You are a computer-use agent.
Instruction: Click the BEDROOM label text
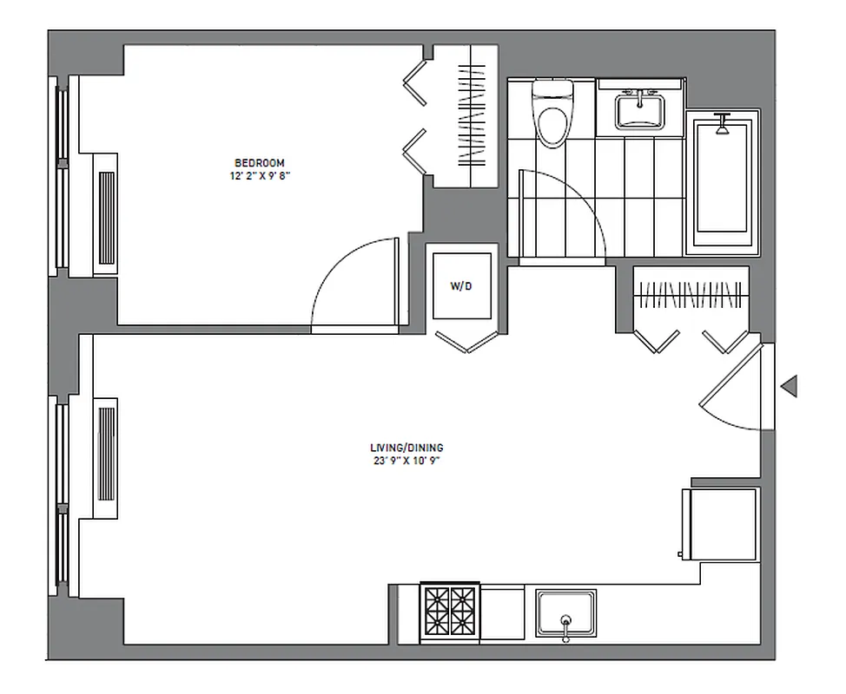259,163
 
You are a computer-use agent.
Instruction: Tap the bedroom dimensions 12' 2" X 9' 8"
259,175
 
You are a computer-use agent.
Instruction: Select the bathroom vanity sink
640,111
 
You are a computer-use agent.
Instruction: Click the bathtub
722,182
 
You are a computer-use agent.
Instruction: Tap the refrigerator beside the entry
720,525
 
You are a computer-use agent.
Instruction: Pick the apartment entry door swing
734,390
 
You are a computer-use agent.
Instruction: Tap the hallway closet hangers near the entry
691,295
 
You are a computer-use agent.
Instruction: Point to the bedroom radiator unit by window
106,213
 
